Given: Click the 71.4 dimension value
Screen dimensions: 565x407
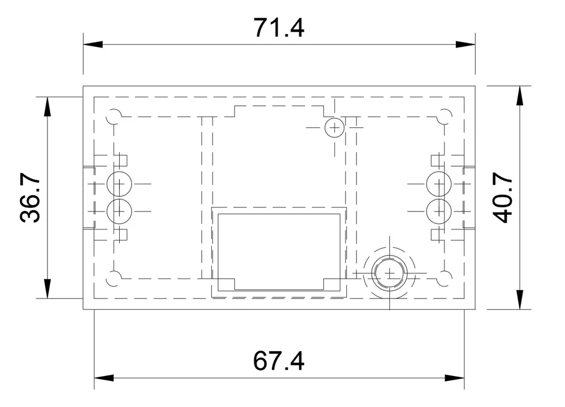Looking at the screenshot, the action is (279, 28).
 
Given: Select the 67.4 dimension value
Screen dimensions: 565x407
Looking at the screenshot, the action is (279, 361).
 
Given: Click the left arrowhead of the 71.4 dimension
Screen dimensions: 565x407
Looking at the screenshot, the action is (93, 44).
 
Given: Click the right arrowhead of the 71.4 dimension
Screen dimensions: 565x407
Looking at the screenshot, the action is (466, 44).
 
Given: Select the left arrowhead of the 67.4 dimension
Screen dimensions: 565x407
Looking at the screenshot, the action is (104, 378).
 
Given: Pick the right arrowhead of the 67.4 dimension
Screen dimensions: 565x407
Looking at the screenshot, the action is (454, 378).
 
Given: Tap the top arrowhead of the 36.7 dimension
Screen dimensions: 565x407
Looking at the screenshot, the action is (47, 106).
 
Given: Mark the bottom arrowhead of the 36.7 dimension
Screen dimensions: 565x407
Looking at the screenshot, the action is (47, 289).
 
